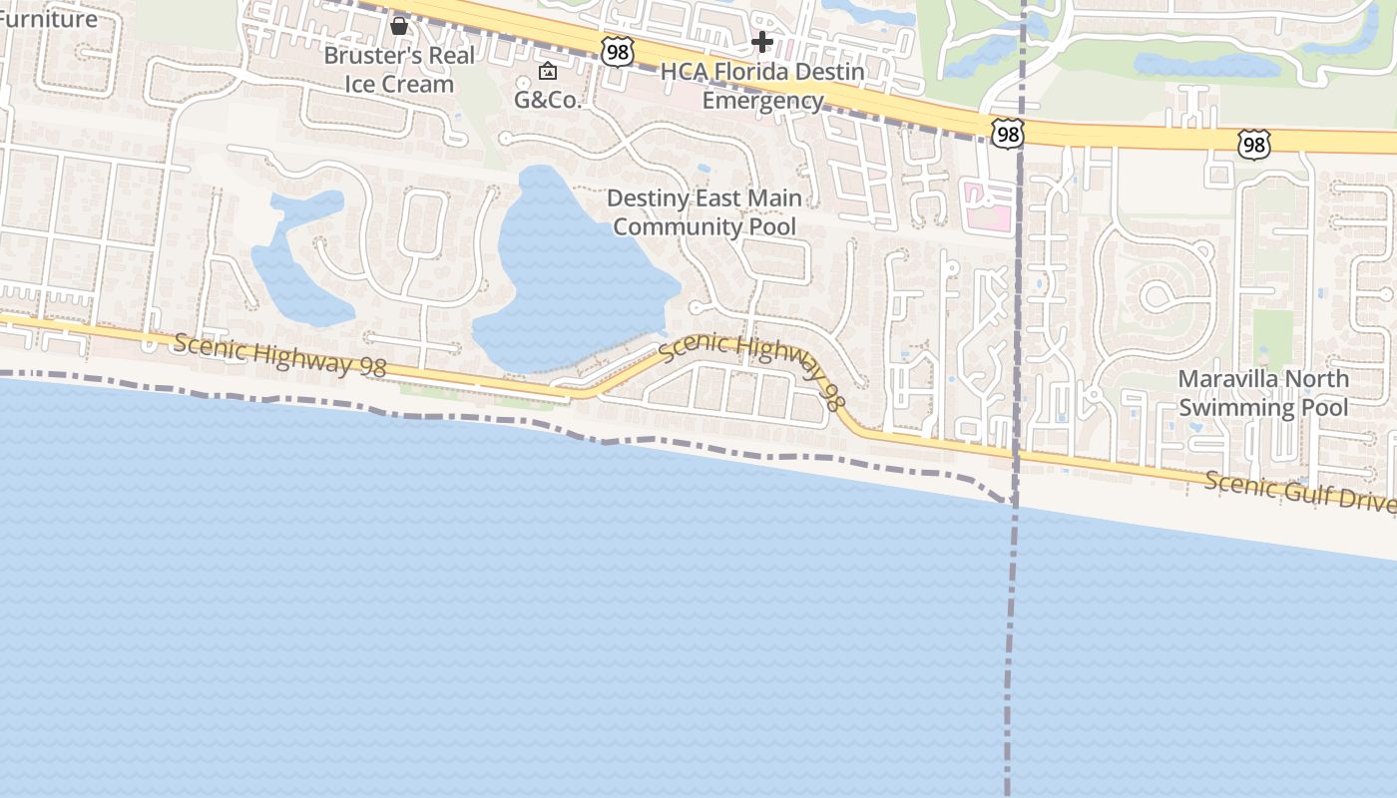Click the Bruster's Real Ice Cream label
point(399,69)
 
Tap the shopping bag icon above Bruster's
point(399,25)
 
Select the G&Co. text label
point(548,100)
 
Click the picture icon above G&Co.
point(548,71)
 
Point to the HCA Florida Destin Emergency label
point(762,86)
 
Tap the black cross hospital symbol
point(762,42)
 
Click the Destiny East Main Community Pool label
point(704,212)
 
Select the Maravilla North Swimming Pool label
point(1262,393)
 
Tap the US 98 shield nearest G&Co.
point(618,52)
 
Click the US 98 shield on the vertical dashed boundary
point(1008,133)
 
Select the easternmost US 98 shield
point(1253,146)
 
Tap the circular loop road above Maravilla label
point(1159,295)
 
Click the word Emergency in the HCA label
point(762,101)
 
